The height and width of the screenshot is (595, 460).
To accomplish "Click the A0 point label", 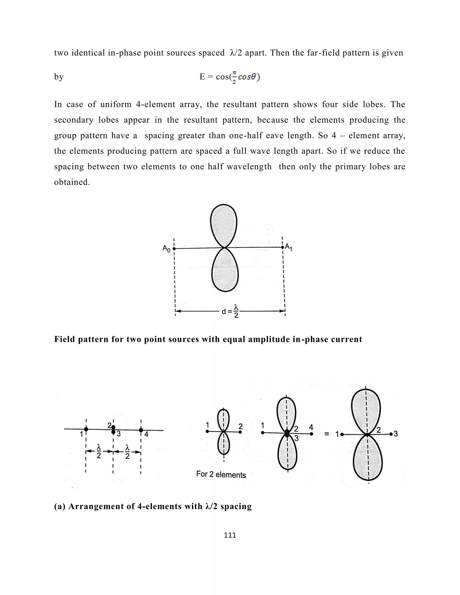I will [166, 249].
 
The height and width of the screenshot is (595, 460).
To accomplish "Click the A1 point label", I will [289, 247].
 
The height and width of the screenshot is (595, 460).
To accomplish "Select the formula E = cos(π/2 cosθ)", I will [230, 77].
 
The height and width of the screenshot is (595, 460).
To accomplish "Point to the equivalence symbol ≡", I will [327, 434].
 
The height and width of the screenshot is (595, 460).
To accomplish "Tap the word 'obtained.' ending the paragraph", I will [72, 182].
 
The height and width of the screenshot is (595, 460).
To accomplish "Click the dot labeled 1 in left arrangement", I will [86, 429].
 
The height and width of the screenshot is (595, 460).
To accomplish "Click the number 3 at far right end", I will [396, 434].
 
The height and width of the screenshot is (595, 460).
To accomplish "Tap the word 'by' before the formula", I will [59, 77].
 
